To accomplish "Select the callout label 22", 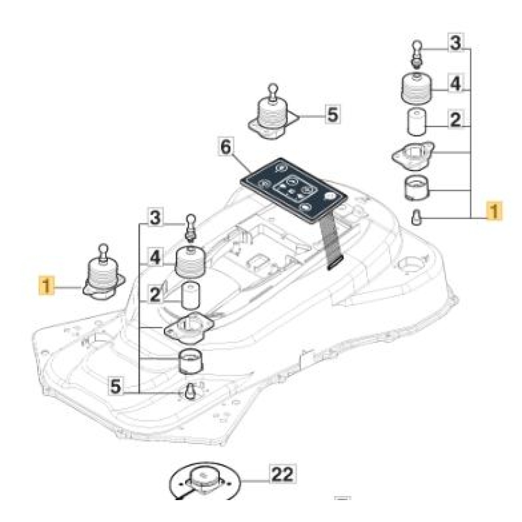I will pos(282,475).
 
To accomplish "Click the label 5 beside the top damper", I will pos(331,114).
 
